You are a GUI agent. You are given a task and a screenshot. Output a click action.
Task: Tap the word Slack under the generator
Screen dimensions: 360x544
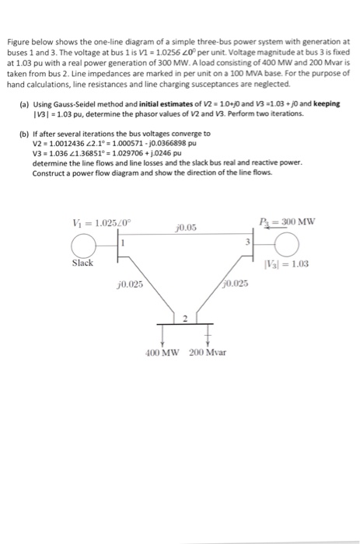(x=82, y=263)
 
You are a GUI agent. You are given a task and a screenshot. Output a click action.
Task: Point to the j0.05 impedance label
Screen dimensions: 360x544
(x=187, y=227)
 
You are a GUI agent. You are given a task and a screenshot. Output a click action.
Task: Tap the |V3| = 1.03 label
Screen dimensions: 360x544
(x=292, y=263)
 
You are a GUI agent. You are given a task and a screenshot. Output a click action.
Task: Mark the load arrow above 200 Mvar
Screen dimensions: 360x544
(x=208, y=334)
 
